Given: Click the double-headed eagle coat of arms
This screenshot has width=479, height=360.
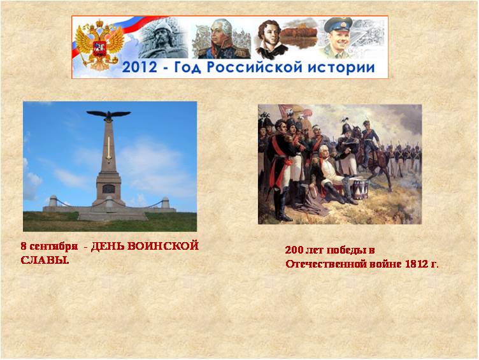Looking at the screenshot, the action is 99,45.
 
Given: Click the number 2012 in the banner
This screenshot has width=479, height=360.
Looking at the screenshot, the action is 139,68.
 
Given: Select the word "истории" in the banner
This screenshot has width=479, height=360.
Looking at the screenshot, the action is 337,68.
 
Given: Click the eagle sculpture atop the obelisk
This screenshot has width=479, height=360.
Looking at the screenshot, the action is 108,115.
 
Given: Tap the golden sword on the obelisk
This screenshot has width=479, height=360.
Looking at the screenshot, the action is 108,148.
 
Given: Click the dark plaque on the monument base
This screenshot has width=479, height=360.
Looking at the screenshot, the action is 108,189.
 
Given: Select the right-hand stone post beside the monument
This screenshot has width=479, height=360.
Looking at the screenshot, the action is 165,203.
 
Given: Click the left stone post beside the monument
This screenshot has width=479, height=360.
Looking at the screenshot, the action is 53,201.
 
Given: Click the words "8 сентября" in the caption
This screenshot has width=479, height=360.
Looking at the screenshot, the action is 49,247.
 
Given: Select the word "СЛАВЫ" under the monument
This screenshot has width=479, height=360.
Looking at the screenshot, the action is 44,260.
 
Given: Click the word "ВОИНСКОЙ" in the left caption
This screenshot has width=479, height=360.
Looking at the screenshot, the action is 163,246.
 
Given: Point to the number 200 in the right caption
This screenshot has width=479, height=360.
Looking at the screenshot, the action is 294,250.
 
